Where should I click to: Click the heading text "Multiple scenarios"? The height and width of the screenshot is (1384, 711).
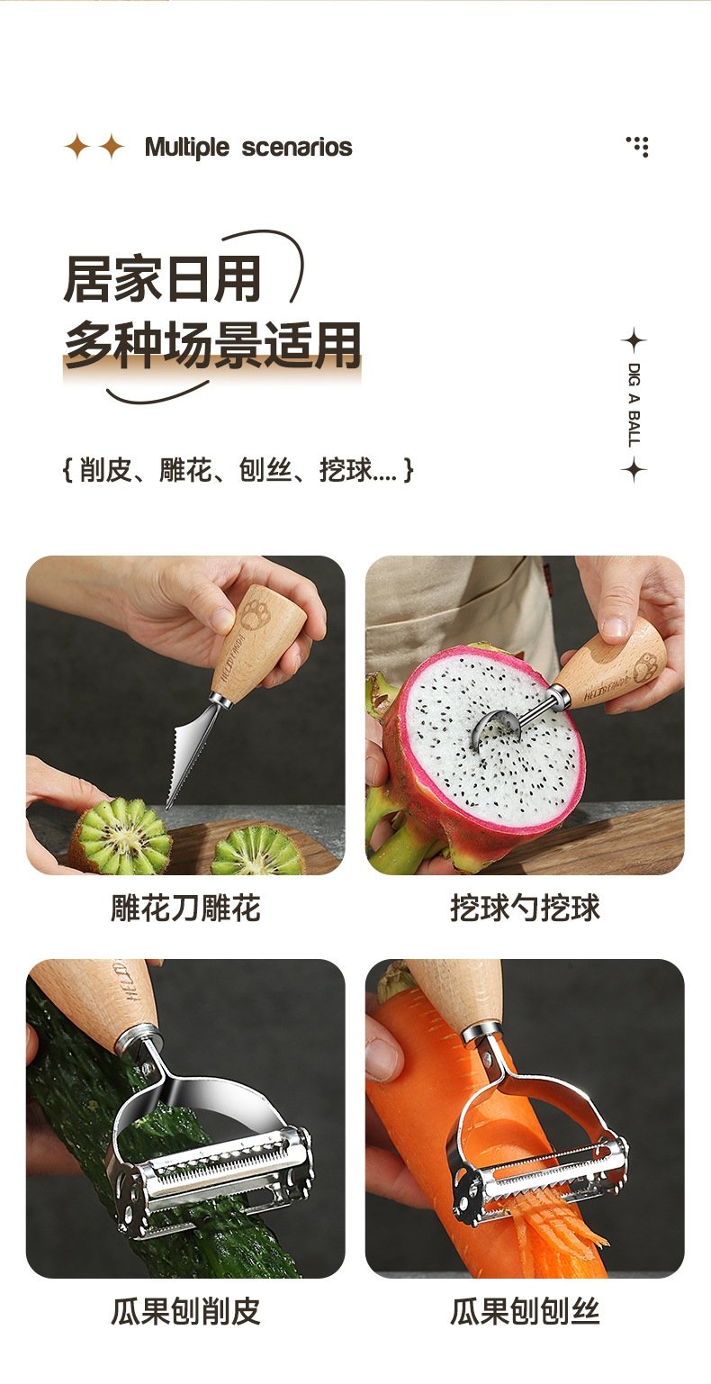point(248,148)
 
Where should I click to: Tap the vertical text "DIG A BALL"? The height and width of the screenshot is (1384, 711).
point(634,405)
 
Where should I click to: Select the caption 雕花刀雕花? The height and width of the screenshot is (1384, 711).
point(185,908)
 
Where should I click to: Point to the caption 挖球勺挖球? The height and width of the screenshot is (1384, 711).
point(525,908)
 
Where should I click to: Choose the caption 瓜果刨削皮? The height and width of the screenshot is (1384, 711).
point(185,1311)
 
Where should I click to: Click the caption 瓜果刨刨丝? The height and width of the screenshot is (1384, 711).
point(525,1311)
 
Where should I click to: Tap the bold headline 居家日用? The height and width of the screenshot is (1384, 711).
point(162,280)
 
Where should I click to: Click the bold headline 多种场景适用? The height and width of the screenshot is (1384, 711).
point(212,346)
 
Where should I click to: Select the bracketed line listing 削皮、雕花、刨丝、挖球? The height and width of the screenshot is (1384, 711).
point(238,470)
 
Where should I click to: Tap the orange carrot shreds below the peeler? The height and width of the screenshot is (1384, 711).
point(553,1233)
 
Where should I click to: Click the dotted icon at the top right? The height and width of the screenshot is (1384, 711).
point(637,147)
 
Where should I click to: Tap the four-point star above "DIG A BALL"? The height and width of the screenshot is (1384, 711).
point(634,340)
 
